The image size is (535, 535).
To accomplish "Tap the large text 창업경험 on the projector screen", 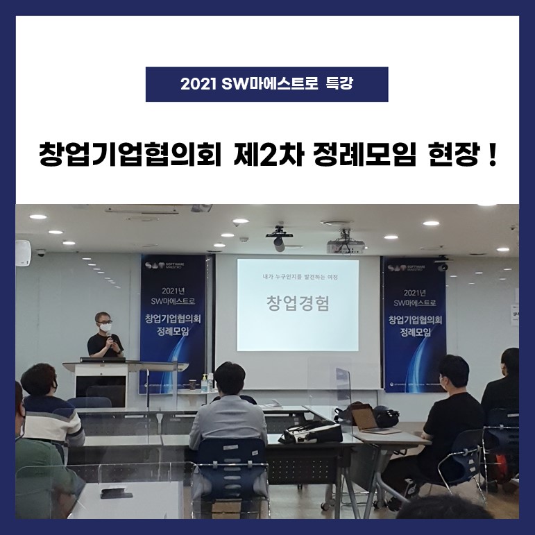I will pos(298,303).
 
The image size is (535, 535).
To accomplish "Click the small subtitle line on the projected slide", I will pos(298,275).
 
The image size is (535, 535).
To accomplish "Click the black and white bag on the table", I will pos(310,431).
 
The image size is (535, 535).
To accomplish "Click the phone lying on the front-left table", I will pos(112,493).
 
